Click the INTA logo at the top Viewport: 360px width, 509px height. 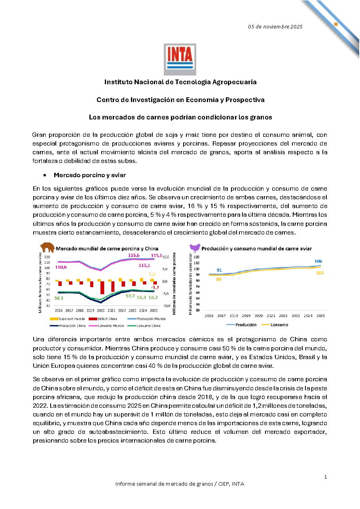180,59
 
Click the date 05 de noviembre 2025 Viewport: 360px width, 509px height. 275,27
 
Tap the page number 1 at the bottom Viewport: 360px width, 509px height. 326,477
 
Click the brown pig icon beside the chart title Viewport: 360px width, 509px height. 47,248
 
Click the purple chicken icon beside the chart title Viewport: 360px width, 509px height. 195,248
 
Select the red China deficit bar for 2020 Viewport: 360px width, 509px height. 102,288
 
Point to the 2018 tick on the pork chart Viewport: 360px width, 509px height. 80,310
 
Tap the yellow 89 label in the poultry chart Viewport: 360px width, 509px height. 219,279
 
